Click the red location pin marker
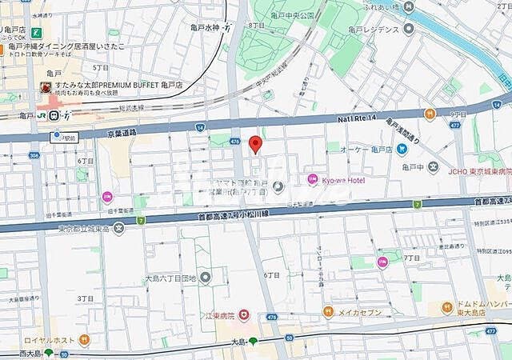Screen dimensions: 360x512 click(x=255, y=145)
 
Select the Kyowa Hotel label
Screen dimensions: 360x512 click(x=344, y=180)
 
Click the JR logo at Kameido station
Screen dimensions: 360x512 click(x=41, y=115)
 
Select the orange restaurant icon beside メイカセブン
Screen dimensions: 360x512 click(x=328, y=311)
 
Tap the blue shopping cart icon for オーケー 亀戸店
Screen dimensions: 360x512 click(x=402, y=149)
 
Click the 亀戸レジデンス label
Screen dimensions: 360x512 click(x=371, y=29)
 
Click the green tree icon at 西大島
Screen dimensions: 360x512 click(x=50, y=353)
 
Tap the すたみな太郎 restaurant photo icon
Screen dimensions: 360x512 click(x=45, y=87)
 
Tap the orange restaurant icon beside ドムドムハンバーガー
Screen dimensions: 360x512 click(x=446, y=307)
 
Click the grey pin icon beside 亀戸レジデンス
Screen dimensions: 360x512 click(x=409, y=29)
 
